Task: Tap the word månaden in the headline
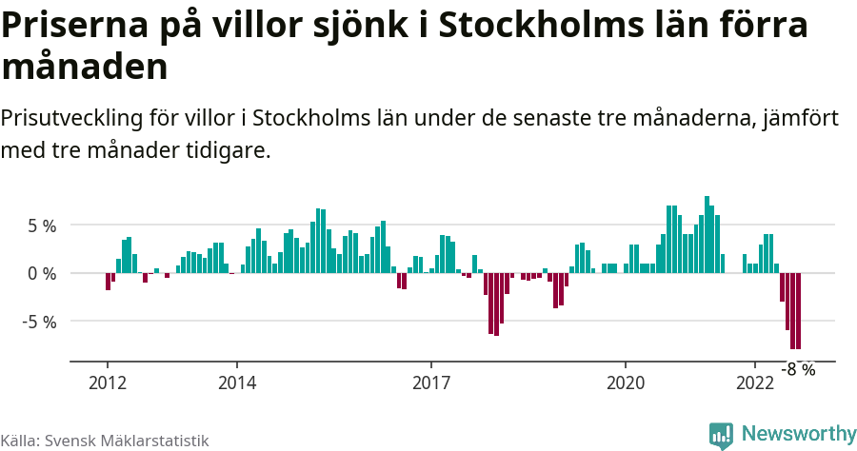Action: click(85, 68)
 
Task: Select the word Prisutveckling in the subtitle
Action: click(71, 119)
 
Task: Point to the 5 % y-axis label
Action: click(41, 225)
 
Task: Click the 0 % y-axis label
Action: click(41, 273)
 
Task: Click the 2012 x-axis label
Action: click(107, 383)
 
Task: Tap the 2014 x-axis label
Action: click(236, 383)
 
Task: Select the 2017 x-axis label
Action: click(431, 383)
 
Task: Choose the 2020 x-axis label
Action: click(626, 383)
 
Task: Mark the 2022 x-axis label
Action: click(755, 383)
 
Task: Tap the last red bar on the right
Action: click(798, 311)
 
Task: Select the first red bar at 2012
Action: click(108, 282)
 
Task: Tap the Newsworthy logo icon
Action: click(721, 434)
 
